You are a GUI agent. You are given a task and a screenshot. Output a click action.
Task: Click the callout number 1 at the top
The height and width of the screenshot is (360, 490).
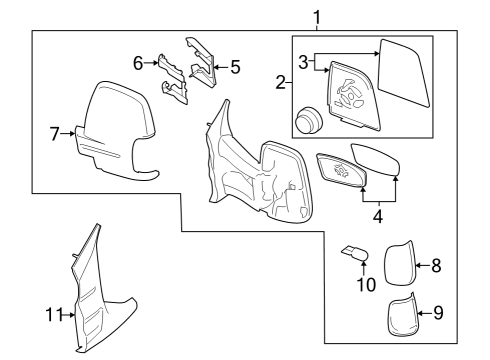pos(317,16)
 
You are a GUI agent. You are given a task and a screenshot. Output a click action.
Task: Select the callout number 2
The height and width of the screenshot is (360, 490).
pos(282,83)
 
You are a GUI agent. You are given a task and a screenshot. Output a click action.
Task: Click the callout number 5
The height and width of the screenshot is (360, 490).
pos(235,68)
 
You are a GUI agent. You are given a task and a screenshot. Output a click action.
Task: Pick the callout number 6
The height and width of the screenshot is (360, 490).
pos(139,62)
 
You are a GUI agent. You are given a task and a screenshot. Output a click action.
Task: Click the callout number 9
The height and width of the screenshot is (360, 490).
pos(436,312)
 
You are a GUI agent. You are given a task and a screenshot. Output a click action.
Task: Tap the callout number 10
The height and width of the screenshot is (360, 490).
pos(366,284)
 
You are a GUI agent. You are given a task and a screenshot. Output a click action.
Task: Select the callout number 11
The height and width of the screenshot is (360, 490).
pos(54,314)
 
